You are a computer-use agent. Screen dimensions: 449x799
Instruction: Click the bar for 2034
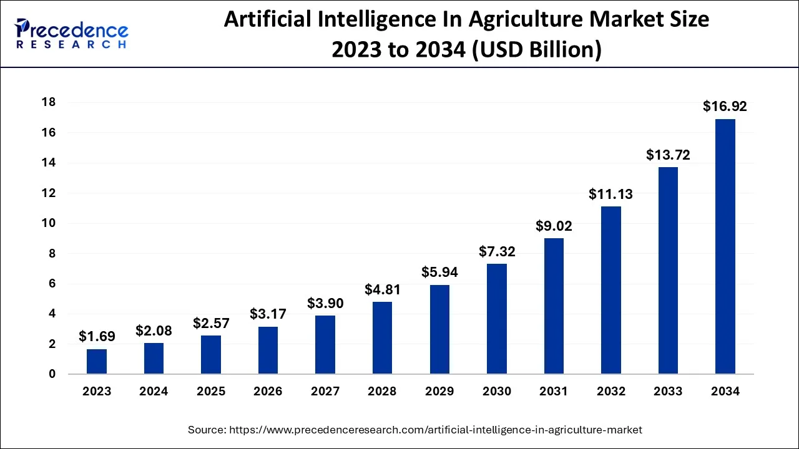tap(725, 246)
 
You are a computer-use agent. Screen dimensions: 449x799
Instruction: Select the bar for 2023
tap(97, 362)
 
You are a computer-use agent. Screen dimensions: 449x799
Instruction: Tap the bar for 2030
tap(497, 319)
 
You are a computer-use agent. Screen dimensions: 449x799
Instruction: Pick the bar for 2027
tap(325, 345)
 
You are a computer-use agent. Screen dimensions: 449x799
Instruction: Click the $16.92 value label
tap(725, 107)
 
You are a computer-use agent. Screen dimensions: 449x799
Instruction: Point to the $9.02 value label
tap(554, 226)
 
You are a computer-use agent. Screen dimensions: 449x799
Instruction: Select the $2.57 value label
tap(211, 323)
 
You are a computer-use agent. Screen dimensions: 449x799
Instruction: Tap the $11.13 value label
tap(610, 194)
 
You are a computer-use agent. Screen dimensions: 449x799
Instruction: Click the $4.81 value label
tap(383, 289)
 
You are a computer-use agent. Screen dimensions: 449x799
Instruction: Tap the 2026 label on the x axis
tap(268, 392)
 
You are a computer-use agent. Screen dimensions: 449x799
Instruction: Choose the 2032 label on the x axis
tap(610, 392)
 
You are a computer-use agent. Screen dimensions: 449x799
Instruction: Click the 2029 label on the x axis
tap(439, 392)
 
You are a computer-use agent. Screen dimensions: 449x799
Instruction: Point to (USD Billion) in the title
tap(536, 50)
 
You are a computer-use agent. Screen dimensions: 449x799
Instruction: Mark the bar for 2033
tap(668, 271)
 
